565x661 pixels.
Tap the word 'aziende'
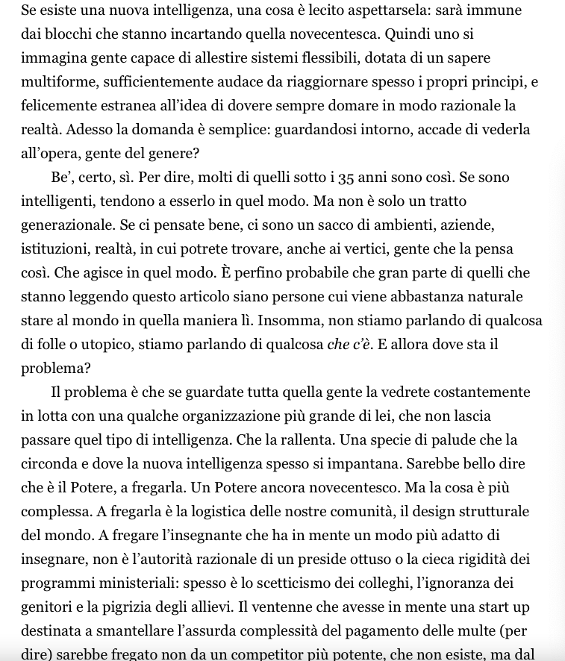tap(465, 225)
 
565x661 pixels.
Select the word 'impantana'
tap(360, 464)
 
